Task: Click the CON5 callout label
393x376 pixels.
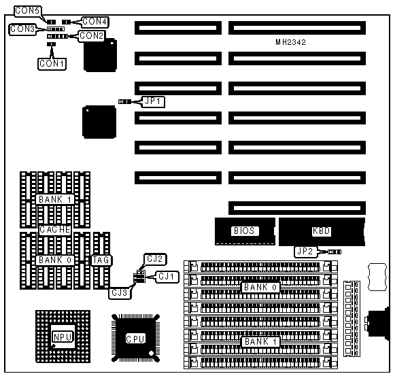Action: click(x=28, y=11)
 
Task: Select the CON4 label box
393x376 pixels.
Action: click(x=95, y=22)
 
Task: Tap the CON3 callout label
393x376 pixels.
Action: click(x=22, y=29)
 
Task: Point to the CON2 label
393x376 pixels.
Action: click(x=92, y=36)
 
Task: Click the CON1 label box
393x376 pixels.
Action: click(x=52, y=64)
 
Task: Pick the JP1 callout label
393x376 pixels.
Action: click(x=153, y=101)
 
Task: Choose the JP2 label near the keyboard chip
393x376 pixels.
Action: click(x=305, y=252)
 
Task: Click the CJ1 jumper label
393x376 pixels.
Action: click(x=167, y=277)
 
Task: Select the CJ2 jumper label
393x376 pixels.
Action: click(x=155, y=259)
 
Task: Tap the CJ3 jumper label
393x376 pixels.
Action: click(x=120, y=293)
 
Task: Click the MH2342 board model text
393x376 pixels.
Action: click(x=291, y=42)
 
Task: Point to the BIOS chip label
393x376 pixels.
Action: click(x=244, y=231)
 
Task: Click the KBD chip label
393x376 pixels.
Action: click(x=322, y=231)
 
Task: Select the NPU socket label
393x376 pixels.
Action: click(x=63, y=337)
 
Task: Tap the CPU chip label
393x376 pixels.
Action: click(x=135, y=339)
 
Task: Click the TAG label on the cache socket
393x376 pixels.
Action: click(x=101, y=260)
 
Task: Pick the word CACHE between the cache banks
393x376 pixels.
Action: click(x=55, y=230)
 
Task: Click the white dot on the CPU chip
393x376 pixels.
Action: click(x=151, y=354)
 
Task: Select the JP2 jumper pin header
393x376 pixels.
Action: click(x=335, y=252)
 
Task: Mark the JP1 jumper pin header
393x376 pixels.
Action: click(x=124, y=102)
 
